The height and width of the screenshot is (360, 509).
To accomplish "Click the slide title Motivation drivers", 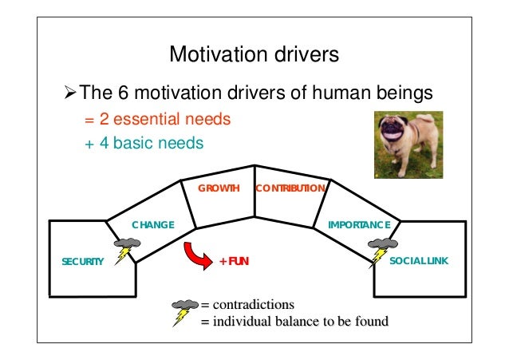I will coord(254,55).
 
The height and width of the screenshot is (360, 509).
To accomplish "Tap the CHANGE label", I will coord(152,225).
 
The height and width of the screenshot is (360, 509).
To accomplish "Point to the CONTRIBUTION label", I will coord(290,188).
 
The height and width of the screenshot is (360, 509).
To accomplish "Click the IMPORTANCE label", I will coord(359,225).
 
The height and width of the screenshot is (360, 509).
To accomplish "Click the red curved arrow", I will coord(196,254).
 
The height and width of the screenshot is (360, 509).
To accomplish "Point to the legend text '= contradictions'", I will coord(247,305).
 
